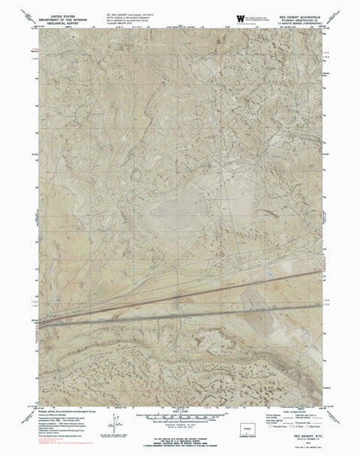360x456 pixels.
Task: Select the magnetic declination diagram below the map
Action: tap(112, 424)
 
